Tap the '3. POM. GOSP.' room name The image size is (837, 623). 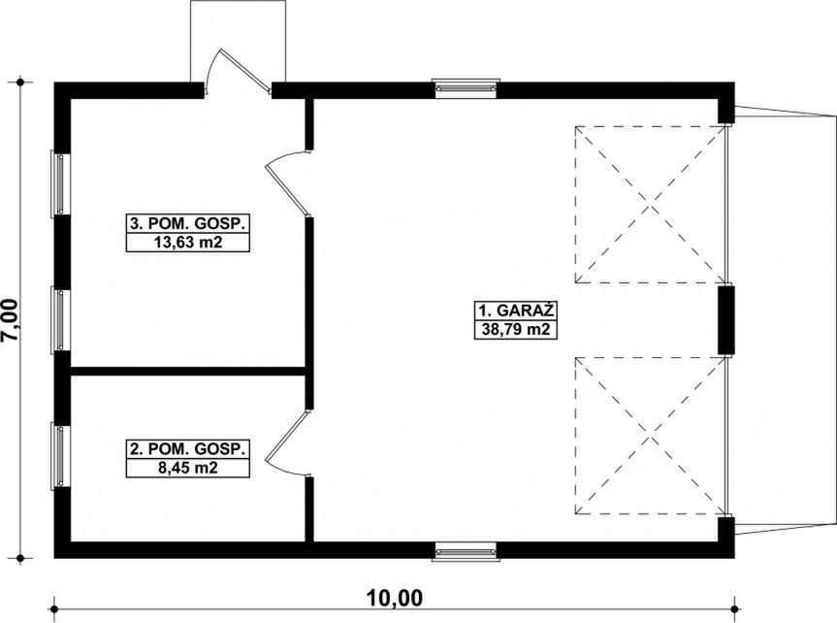[188, 223]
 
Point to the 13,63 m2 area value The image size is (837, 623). [188, 242]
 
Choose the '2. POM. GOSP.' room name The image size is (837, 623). [188, 449]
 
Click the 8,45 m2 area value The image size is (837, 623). [188, 468]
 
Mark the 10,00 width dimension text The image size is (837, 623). [395, 598]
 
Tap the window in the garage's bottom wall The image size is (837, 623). [466, 551]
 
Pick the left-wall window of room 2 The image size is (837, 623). [59, 456]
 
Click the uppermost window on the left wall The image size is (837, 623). [59, 181]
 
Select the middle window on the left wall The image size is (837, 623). [59, 319]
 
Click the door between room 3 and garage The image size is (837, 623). [289, 184]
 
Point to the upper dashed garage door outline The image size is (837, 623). [651, 203]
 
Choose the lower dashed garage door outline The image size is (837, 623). [651, 435]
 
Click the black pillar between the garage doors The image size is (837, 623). [725, 319]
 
